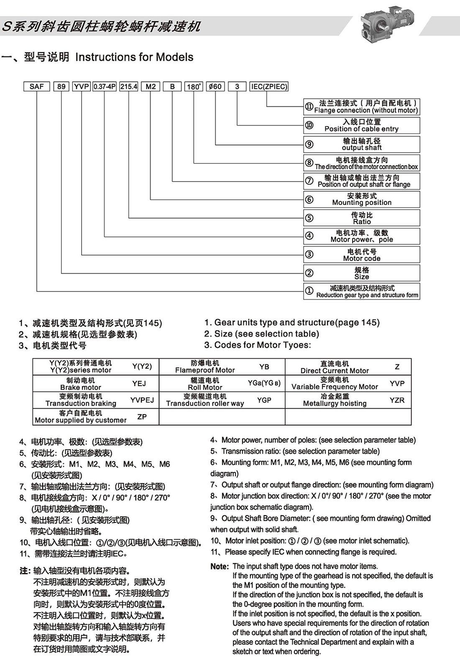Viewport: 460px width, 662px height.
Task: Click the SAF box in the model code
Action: pos(37,87)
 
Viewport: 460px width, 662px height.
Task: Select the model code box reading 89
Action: pos(61,87)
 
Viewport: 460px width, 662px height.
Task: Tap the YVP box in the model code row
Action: pos(82,87)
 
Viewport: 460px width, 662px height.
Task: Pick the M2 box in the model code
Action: pos(151,87)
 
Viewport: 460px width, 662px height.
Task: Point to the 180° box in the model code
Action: pos(194,87)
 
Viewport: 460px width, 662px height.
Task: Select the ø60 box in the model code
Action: pos(215,87)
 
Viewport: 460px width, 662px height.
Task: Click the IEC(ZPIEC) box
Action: pos(269,87)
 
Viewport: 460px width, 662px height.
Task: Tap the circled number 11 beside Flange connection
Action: pos(309,107)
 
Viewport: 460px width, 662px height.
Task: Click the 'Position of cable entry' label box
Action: pos(362,125)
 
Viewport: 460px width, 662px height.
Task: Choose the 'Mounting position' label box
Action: pos(362,199)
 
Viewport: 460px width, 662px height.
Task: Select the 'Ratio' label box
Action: pos(362,218)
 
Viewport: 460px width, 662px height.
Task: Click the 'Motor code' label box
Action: pos(362,255)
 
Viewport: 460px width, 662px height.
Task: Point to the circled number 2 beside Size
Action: pos(309,273)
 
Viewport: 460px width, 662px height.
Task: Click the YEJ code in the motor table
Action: pos(139,383)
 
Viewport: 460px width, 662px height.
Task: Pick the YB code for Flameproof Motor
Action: pos(264,367)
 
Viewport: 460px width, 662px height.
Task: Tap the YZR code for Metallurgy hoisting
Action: pos(397,400)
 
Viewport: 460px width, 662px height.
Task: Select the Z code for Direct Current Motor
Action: pos(397,367)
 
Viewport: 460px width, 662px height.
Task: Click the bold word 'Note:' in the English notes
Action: pos(220,567)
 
